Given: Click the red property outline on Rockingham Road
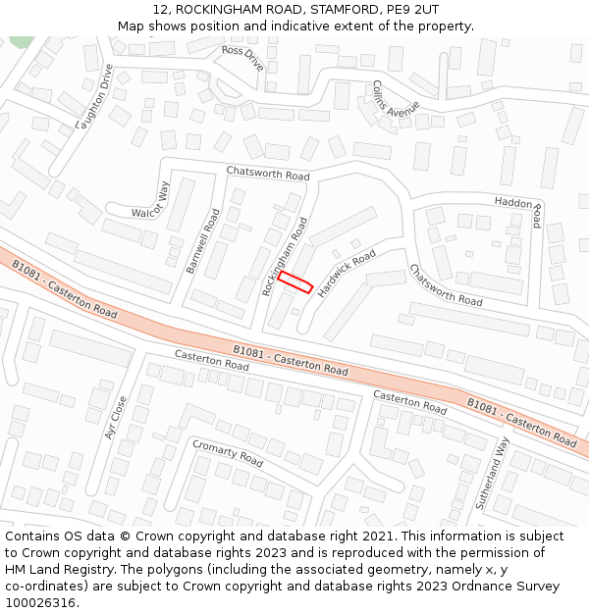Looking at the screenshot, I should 294,282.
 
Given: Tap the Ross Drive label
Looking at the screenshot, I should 243,58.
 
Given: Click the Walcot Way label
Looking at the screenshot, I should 151,199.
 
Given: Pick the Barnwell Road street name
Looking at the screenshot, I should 202,240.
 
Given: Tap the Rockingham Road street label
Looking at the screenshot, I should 286,256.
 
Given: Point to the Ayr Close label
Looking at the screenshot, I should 116,417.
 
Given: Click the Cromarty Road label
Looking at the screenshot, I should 228,453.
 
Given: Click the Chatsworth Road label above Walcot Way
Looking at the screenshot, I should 268,174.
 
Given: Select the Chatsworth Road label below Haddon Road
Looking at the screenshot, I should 446,285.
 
